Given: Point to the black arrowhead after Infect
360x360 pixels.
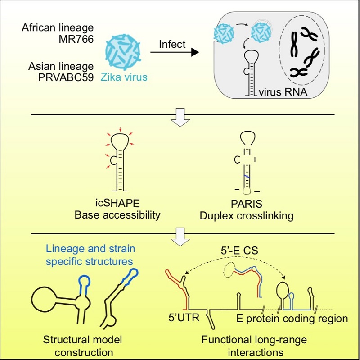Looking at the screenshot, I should click(x=194, y=53).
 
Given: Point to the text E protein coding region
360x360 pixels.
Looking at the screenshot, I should click(x=292, y=319).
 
